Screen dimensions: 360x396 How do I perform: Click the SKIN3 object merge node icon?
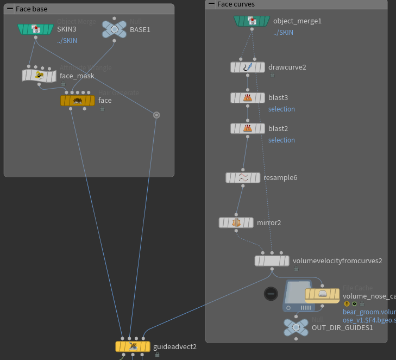point(36,29)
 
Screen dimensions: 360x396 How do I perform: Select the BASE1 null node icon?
point(114,29)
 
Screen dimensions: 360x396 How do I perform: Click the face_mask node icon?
point(39,76)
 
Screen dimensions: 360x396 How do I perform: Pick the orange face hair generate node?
point(78,101)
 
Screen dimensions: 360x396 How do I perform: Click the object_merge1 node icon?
point(252,21)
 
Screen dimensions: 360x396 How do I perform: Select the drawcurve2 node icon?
point(248,67)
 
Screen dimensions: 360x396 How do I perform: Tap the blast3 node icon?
point(248,98)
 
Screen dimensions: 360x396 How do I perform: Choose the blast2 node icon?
point(248,129)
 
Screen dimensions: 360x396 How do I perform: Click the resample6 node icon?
point(243,178)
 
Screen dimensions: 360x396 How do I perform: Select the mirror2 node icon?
point(236,222)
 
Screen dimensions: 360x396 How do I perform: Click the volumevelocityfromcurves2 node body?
point(272,261)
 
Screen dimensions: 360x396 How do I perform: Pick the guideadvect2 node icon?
point(133,346)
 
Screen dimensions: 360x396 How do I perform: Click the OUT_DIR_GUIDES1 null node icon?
point(296,327)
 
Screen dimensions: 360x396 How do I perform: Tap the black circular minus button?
point(271,294)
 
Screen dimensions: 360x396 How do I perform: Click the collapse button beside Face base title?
point(10,9)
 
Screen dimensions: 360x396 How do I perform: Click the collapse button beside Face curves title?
point(211,4)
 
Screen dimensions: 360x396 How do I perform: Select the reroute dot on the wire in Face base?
point(156,115)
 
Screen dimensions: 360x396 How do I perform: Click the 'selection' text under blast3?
point(281,109)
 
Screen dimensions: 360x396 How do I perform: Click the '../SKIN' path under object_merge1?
point(283,33)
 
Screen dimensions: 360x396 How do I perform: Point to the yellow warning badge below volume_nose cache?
point(347,304)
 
